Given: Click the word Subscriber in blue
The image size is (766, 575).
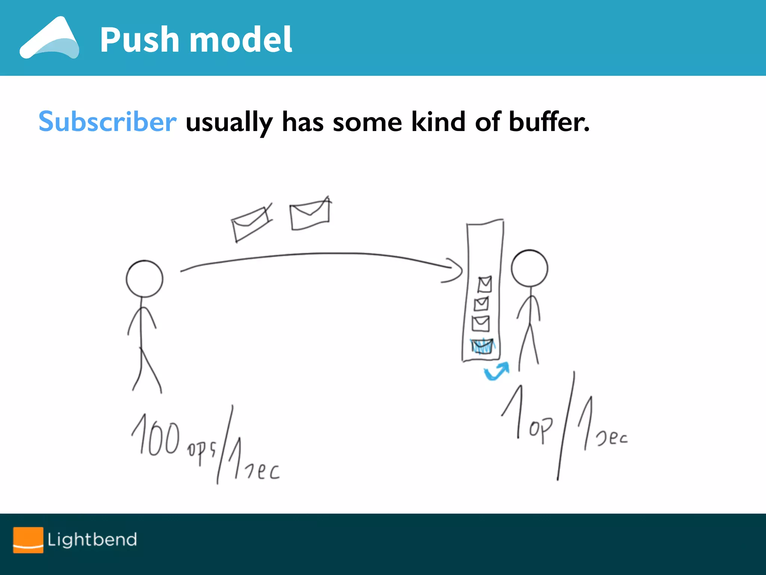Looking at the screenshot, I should [107, 122].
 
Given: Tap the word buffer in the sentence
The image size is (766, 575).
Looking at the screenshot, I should [549, 122].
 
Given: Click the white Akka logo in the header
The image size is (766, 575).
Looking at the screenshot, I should [49, 38].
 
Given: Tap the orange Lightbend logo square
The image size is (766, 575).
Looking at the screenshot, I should [28, 539].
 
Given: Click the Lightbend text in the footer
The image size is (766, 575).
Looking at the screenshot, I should [92, 539].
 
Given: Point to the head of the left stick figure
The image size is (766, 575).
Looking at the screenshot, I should [144, 279].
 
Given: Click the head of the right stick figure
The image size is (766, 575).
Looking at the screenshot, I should [529, 268].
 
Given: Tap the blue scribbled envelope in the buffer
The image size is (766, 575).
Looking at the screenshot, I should [482, 346].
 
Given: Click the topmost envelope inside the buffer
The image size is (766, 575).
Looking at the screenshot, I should [485, 285].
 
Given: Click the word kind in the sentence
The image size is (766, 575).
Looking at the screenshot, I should [438, 122].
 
